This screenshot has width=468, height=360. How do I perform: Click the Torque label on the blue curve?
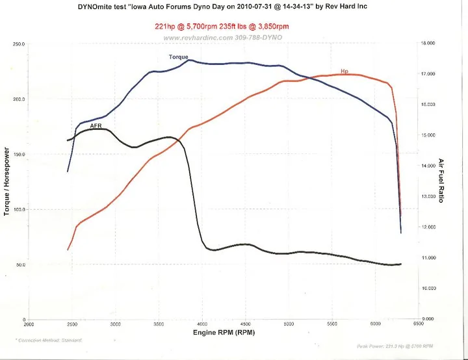[x=178, y=57]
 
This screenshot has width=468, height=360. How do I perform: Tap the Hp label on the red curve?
[x=344, y=71]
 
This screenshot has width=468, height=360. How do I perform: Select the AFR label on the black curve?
[x=96, y=125]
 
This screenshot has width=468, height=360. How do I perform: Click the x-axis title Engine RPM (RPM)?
[x=224, y=332]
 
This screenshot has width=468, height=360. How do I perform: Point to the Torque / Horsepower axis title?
[x=7, y=181]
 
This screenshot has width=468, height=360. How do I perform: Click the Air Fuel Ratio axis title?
[x=441, y=181]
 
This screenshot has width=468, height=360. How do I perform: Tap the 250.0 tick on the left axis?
[x=18, y=44]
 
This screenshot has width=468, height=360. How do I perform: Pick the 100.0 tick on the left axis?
[x=18, y=210]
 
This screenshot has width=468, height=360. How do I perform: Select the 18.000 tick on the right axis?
[x=428, y=43]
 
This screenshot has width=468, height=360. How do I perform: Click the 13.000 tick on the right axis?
[x=428, y=196]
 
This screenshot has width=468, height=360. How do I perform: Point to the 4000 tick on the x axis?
[x=202, y=324]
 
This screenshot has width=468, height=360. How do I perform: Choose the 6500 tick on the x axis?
[x=419, y=323]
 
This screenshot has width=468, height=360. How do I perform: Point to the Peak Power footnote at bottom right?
[x=395, y=346]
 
